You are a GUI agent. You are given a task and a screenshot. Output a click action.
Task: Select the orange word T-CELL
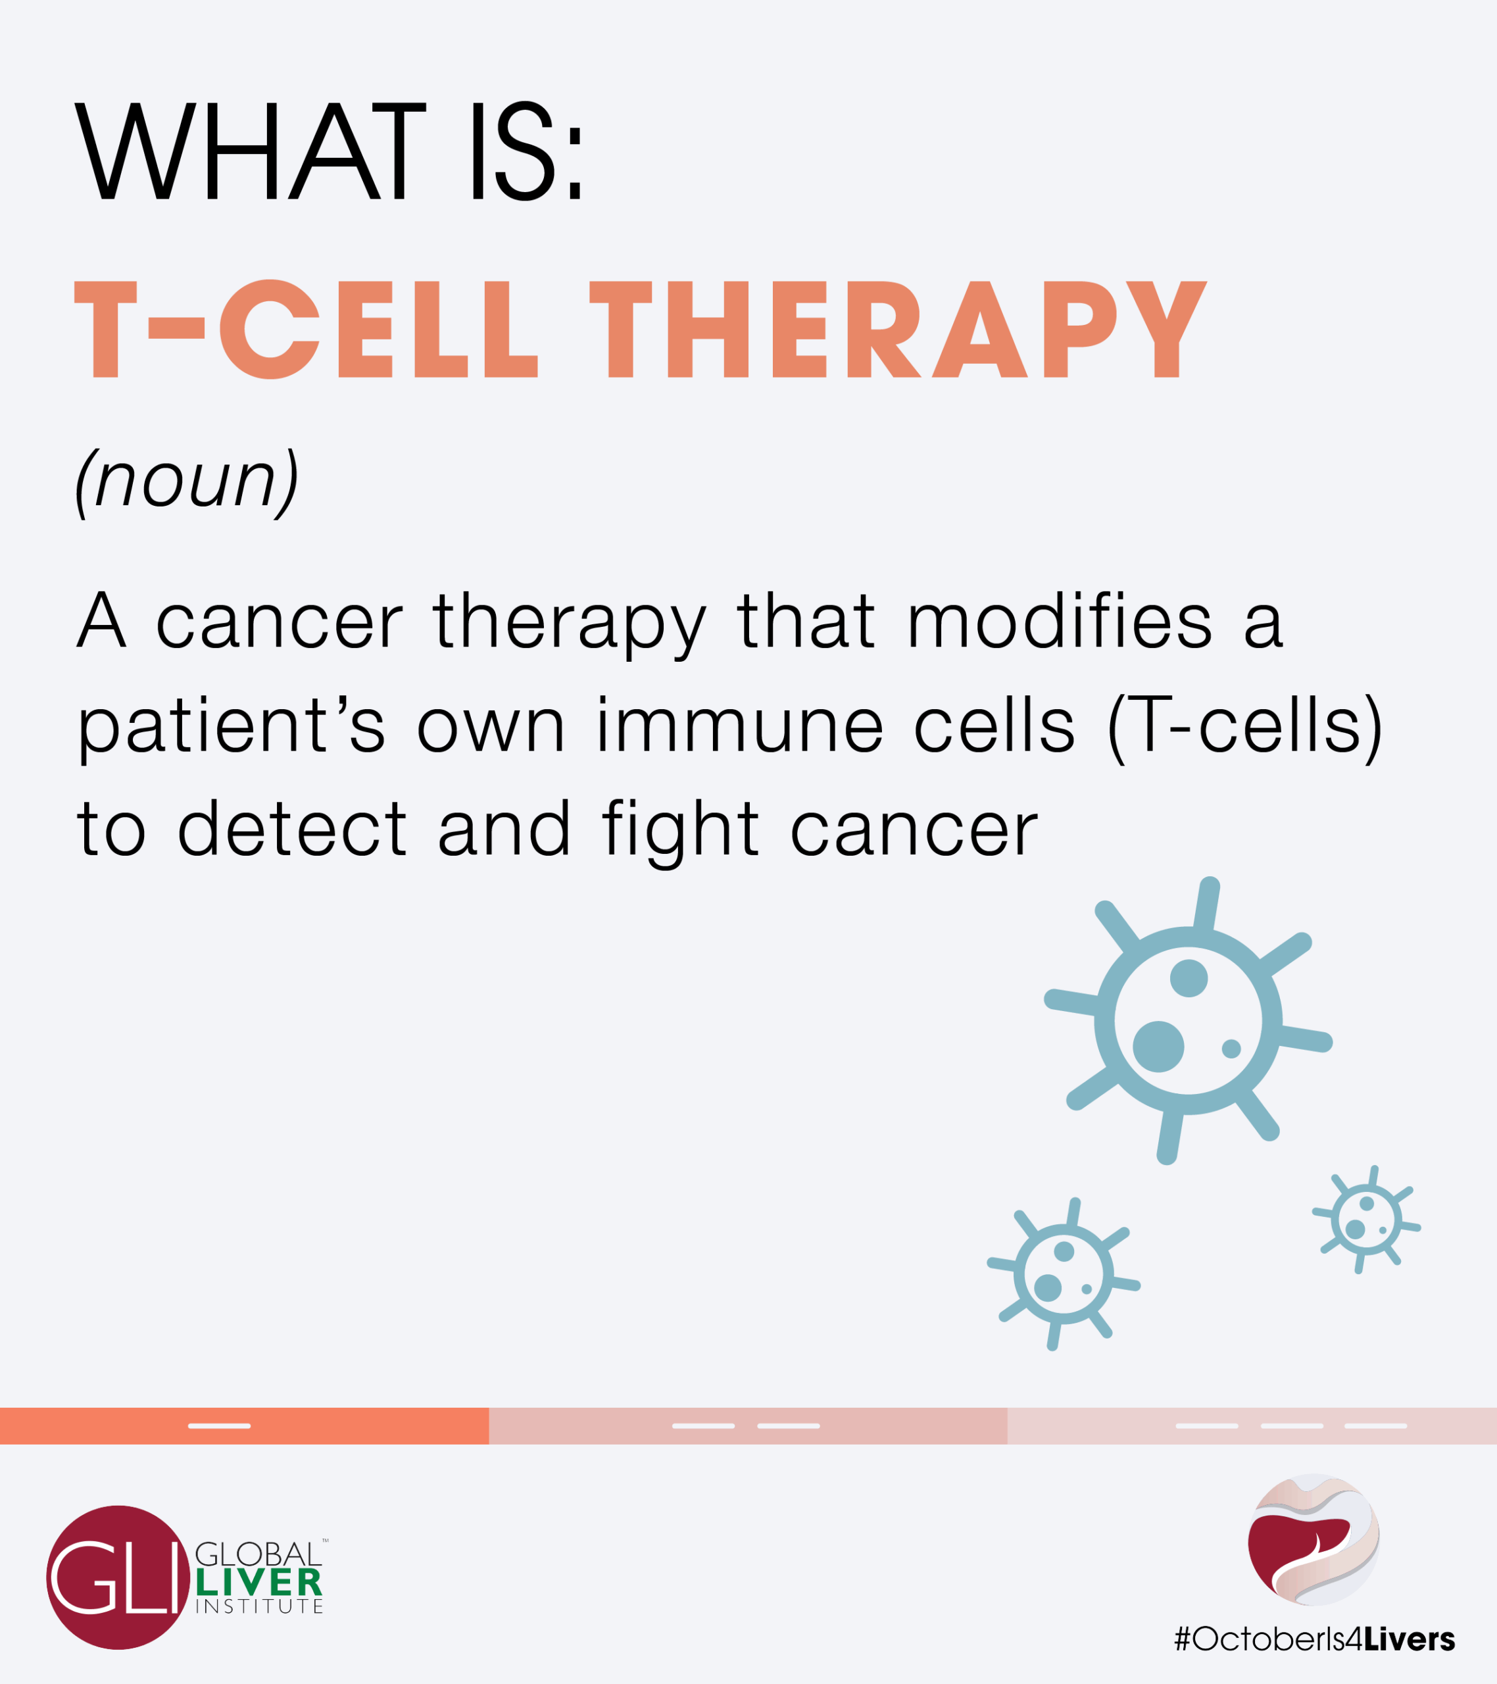307,330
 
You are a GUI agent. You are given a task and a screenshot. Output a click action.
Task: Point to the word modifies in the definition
1060,621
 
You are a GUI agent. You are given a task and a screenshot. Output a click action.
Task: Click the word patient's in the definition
231,728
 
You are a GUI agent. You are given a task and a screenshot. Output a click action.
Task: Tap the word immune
740,725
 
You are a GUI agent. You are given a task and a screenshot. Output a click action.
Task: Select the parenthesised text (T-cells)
1245,727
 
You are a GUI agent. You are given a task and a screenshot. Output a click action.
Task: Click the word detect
291,828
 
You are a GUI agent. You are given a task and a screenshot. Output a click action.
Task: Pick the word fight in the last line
679,832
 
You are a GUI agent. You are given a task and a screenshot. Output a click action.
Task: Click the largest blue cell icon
1188,1021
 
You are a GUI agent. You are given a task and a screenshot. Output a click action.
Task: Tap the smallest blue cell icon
1367,1220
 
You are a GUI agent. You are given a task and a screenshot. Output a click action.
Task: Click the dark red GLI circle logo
118,1577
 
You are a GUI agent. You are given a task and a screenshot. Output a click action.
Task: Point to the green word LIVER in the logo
258,1583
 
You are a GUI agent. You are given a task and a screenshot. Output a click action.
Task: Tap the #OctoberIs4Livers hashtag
1314,1639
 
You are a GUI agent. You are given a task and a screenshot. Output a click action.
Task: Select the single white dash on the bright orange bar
219,1426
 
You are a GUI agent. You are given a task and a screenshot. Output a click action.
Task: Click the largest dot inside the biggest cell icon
1158,1047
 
